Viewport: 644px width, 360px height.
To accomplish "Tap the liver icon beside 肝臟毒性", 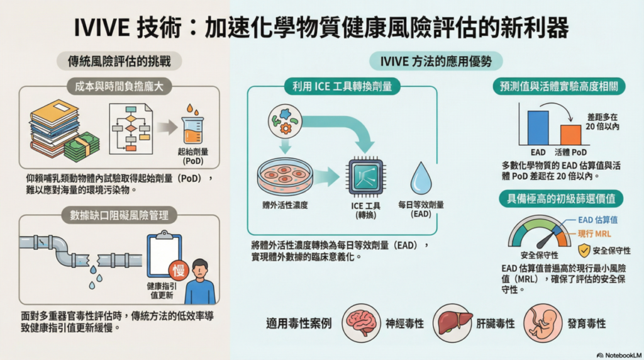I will [452, 322].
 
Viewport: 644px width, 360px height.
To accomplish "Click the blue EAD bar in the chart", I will [538, 128].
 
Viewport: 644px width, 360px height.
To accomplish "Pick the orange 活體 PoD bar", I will [570, 135].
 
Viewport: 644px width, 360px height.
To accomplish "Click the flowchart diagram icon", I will [131, 128].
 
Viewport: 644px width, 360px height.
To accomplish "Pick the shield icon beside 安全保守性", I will [584, 250].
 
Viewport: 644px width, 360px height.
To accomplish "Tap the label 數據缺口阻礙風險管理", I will [119, 215].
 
